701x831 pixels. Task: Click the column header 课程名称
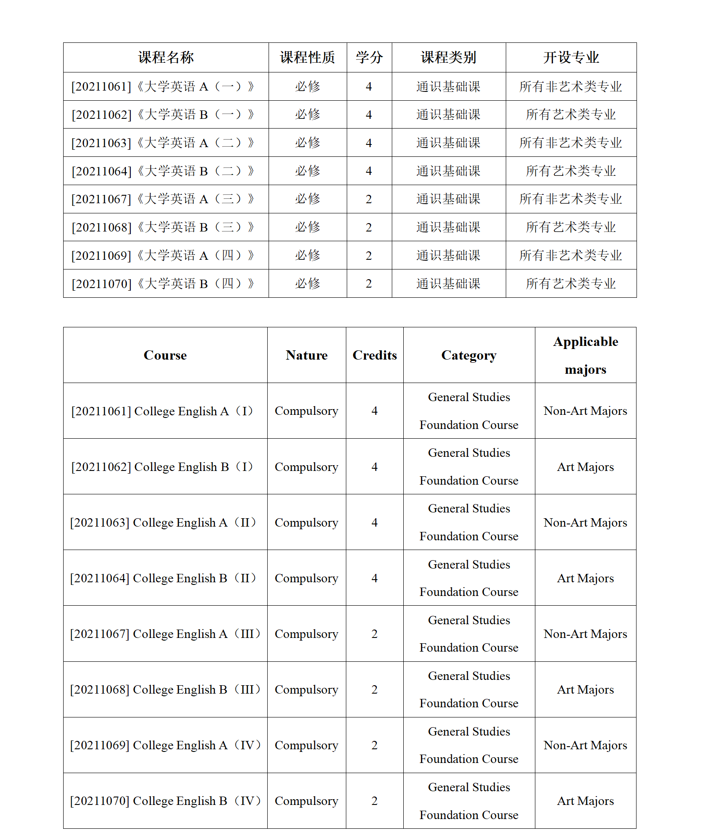click(166, 57)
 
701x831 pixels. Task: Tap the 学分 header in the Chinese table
click(369, 57)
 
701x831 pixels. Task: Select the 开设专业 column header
click(571, 57)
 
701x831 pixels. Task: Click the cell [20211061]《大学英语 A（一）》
click(163, 87)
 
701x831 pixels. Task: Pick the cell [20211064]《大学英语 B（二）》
click(163, 171)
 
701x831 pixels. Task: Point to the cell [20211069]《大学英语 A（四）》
click(163, 255)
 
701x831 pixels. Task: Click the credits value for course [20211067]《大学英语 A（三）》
click(369, 199)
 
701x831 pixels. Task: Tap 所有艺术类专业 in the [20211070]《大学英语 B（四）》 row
click(571, 284)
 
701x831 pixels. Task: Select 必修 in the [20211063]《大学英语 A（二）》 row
click(307, 143)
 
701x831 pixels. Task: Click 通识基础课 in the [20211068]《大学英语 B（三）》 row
click(448, 227)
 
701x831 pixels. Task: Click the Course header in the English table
click(165, 355)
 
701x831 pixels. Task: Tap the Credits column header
click(375, 355)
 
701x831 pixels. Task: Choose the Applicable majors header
click(585, 355)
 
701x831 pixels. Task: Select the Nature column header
click(307, 355)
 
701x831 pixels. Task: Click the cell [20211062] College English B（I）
click(163, 467)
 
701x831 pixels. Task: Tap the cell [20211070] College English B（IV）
click(165, 801)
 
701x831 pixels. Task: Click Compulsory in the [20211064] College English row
click(307, 578)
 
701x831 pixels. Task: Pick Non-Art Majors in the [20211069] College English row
click(585, 745)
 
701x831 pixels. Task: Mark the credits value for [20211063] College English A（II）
click(375, 523)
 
